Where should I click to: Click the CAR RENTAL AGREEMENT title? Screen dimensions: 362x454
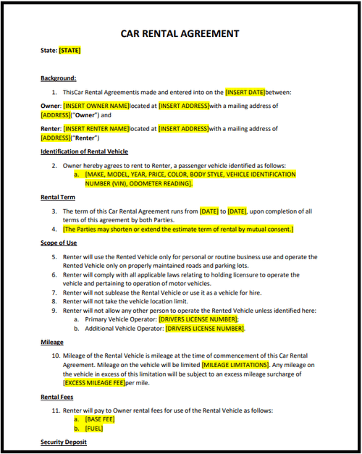point(180,33)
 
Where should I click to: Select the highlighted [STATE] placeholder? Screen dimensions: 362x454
point(70,51)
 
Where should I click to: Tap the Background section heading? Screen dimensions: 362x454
point(59,78)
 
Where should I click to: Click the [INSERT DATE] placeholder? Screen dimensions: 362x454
point(245,93)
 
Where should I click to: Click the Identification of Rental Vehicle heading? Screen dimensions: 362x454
point(84,151)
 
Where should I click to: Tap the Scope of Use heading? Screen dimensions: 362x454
point(59,243)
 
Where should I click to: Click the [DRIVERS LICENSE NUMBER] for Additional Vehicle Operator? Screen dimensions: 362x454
point(205,329)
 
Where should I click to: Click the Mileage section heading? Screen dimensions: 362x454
point(52,342)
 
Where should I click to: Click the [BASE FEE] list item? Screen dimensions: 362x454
point(99,419)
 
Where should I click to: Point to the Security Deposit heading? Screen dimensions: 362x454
point(64,442)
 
